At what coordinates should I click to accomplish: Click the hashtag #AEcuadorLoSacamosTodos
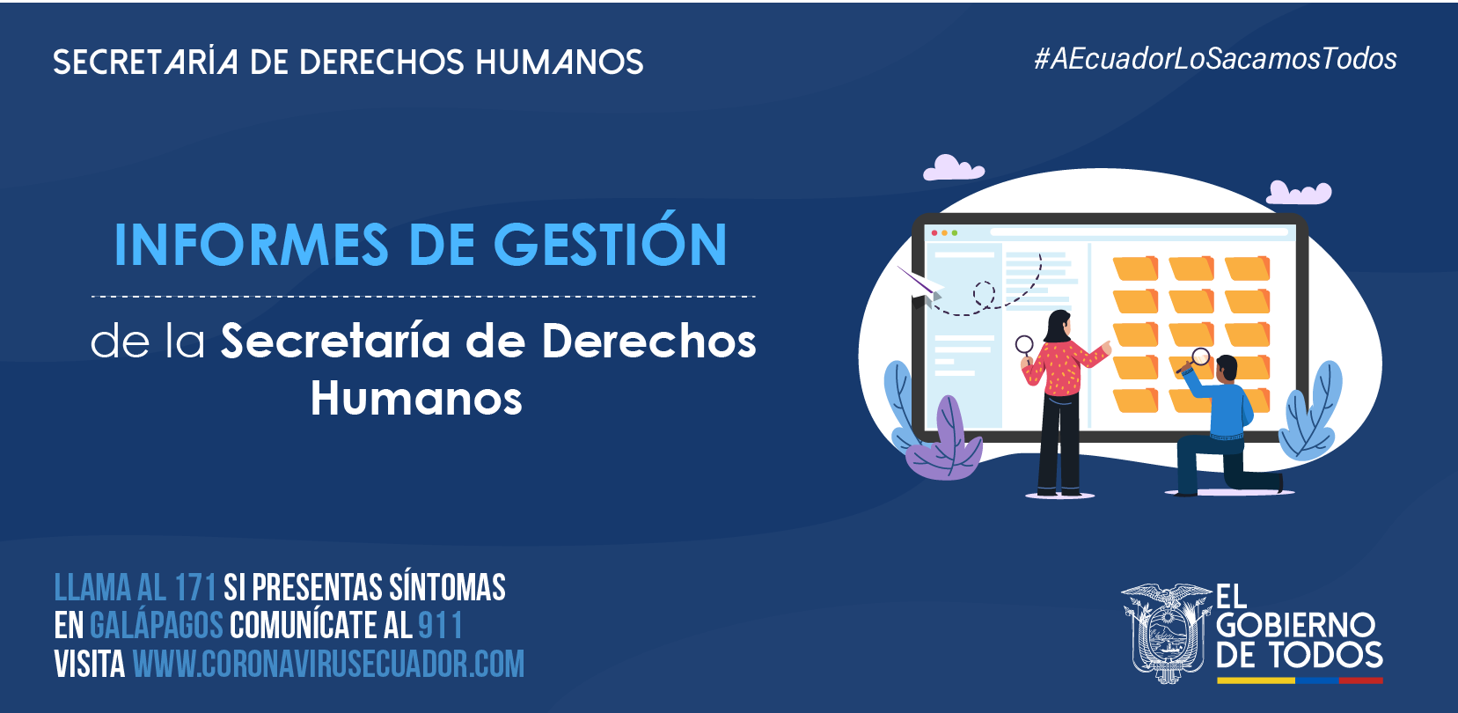coord(1215,59)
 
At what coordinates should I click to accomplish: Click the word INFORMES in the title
coord(252,245)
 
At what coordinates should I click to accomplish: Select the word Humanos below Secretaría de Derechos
coord(416,397)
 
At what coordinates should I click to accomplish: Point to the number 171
coord(195,587)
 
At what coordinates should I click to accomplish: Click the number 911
coord(440,625)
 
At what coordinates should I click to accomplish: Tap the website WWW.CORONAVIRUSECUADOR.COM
coord(329,664)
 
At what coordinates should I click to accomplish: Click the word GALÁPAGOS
coord(157,625)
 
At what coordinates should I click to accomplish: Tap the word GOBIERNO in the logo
coord(1295,625)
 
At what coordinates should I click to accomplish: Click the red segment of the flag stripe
coord(1360,680)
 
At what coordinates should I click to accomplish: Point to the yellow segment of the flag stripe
coord(1256,680)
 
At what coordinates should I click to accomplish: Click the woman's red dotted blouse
coord(1062,369)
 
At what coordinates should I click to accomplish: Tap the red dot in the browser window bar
coord(934,232)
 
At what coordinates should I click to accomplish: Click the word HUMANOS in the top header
coord(559,62)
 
